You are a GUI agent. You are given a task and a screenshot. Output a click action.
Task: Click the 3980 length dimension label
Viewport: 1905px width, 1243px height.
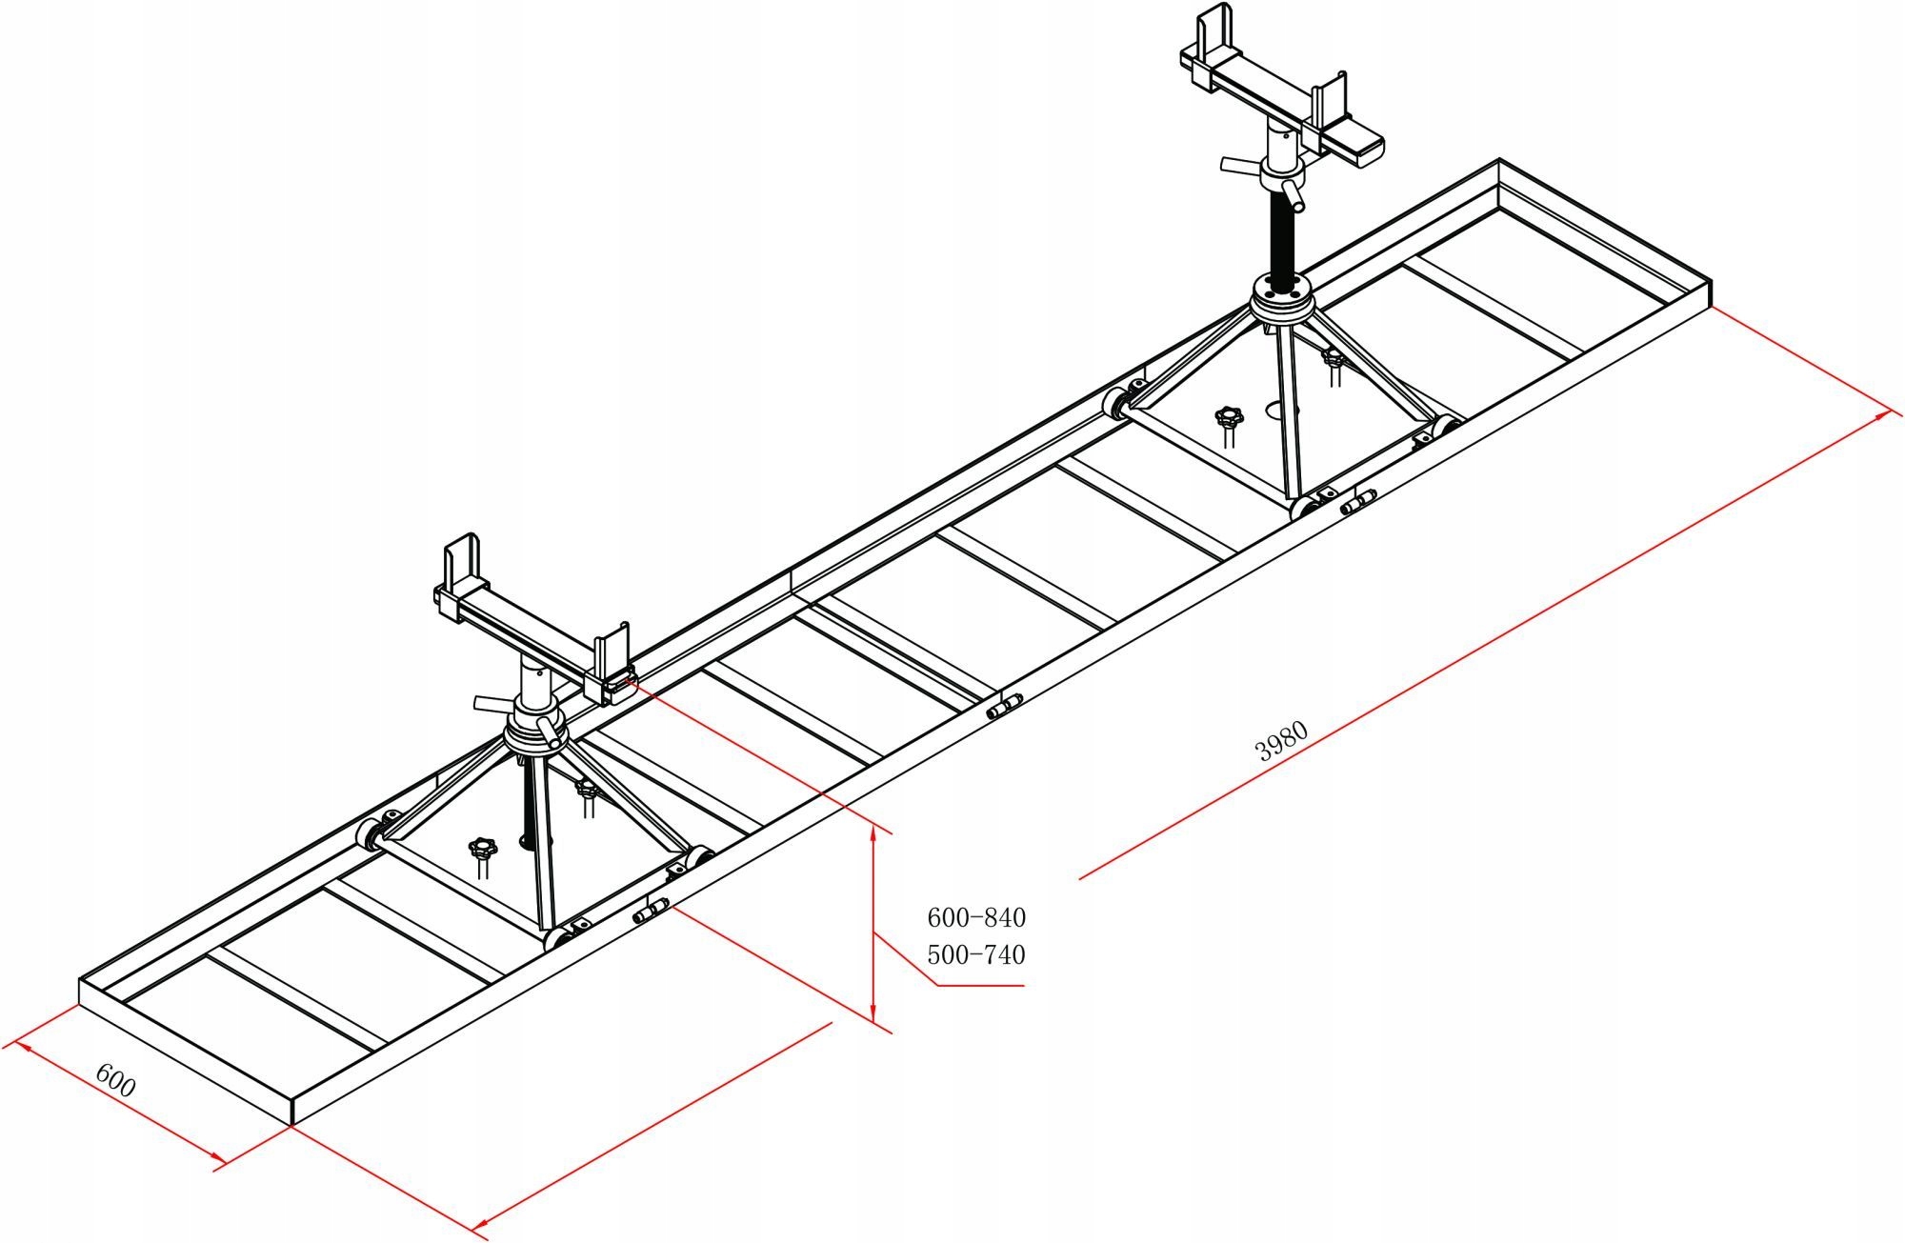[1283, 742]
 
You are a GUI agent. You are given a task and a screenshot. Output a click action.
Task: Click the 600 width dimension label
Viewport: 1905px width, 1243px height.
[116, 1080]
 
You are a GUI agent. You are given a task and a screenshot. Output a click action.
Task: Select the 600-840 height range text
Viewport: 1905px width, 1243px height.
[976, 917]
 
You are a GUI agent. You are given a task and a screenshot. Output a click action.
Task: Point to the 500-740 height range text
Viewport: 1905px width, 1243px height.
[976, 954]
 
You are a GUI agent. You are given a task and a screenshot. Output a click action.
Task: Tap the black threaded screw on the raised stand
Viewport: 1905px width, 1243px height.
[1281, 237]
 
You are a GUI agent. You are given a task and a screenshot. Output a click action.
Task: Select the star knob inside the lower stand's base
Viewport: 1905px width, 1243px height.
[483, 848]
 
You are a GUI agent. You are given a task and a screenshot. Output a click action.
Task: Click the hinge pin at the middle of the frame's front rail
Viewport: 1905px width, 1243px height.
[1003, 707]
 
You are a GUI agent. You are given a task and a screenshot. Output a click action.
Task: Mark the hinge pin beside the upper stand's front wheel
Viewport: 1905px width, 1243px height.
[1358, 502]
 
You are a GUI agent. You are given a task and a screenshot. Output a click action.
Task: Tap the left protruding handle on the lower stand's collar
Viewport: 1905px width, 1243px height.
[491, 703]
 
